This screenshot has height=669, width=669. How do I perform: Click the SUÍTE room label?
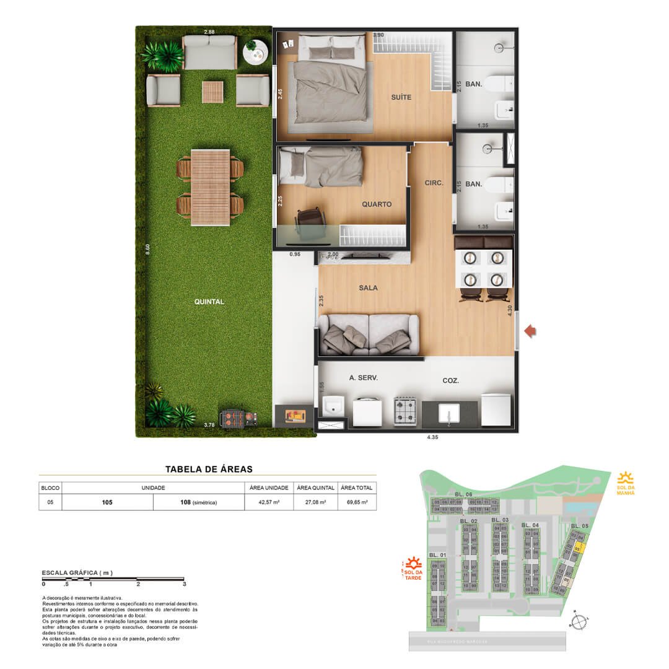point(401,97)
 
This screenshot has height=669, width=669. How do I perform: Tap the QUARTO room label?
point(377,204)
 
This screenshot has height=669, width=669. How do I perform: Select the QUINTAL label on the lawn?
point(209,302)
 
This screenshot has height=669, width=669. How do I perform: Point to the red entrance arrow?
point(530,332)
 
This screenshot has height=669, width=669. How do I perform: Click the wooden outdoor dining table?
point(210,188)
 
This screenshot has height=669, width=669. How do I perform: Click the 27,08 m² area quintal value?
point(315,502)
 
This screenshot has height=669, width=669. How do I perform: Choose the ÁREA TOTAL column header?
point(356,488)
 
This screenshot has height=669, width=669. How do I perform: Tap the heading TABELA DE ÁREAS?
point(209,470)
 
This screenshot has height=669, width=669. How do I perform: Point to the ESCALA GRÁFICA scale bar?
point(113,579)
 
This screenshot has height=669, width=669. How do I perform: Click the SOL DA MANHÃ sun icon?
point(626,478)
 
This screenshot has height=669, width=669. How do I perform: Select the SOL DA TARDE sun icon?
point(414,564)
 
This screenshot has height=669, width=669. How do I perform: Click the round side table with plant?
point(255,53)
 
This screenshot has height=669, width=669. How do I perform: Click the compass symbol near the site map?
point(579,621)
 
